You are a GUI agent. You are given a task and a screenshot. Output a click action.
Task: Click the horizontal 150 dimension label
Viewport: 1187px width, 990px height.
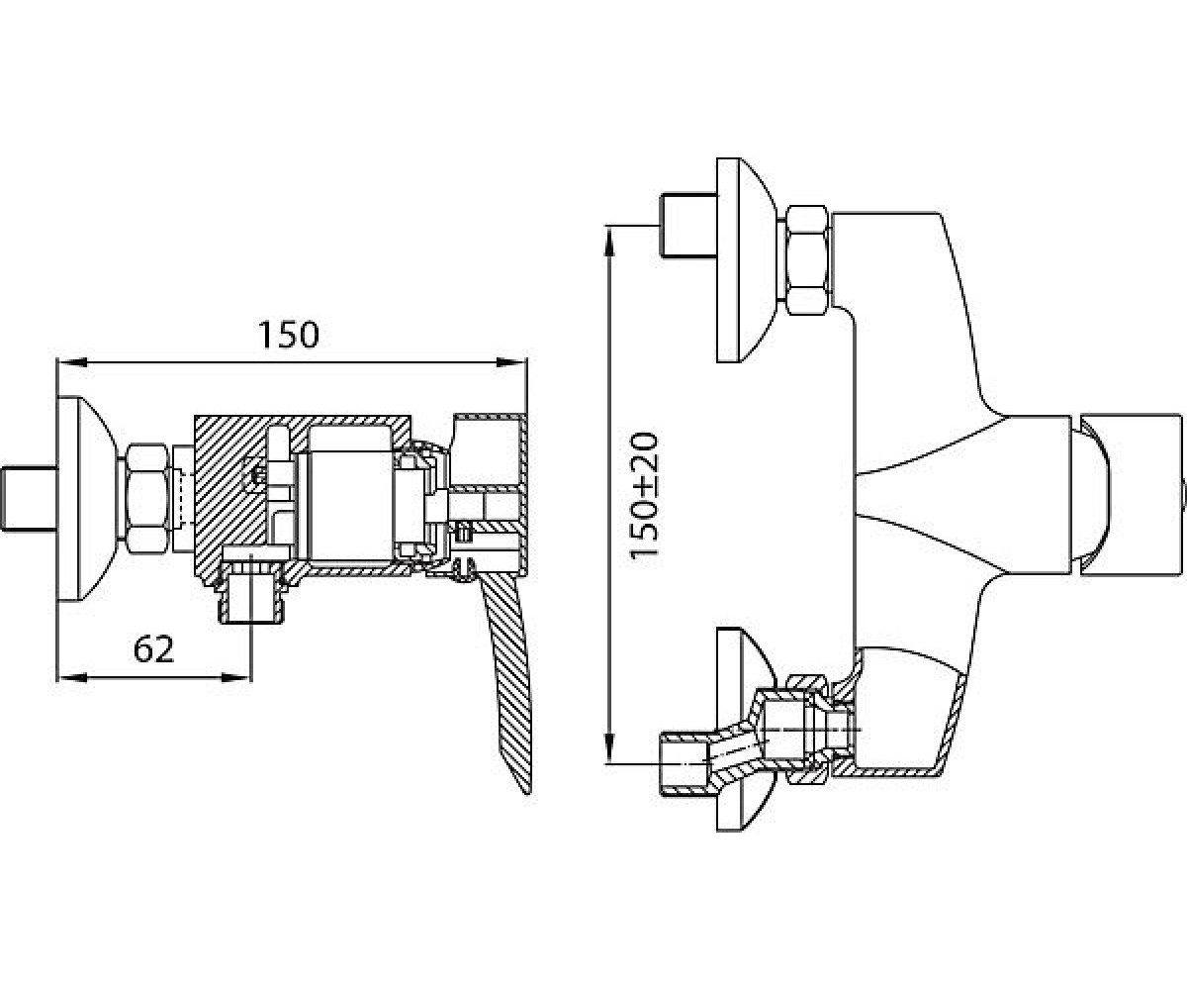(x=289, y=336)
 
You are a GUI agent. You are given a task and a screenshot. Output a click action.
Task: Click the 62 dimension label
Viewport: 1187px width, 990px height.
(x=153, y=648)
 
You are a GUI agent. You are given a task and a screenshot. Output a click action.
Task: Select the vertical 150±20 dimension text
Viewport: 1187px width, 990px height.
(x=644, y=495)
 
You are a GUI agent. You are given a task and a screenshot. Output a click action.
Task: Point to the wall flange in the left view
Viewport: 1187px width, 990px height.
(x=85, y=498)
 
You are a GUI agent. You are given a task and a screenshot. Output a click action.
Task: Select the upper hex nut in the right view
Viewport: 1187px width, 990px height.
(x=807, y=260)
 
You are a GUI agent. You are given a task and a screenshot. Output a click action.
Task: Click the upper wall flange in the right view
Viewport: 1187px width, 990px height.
(x=746, y=260)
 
